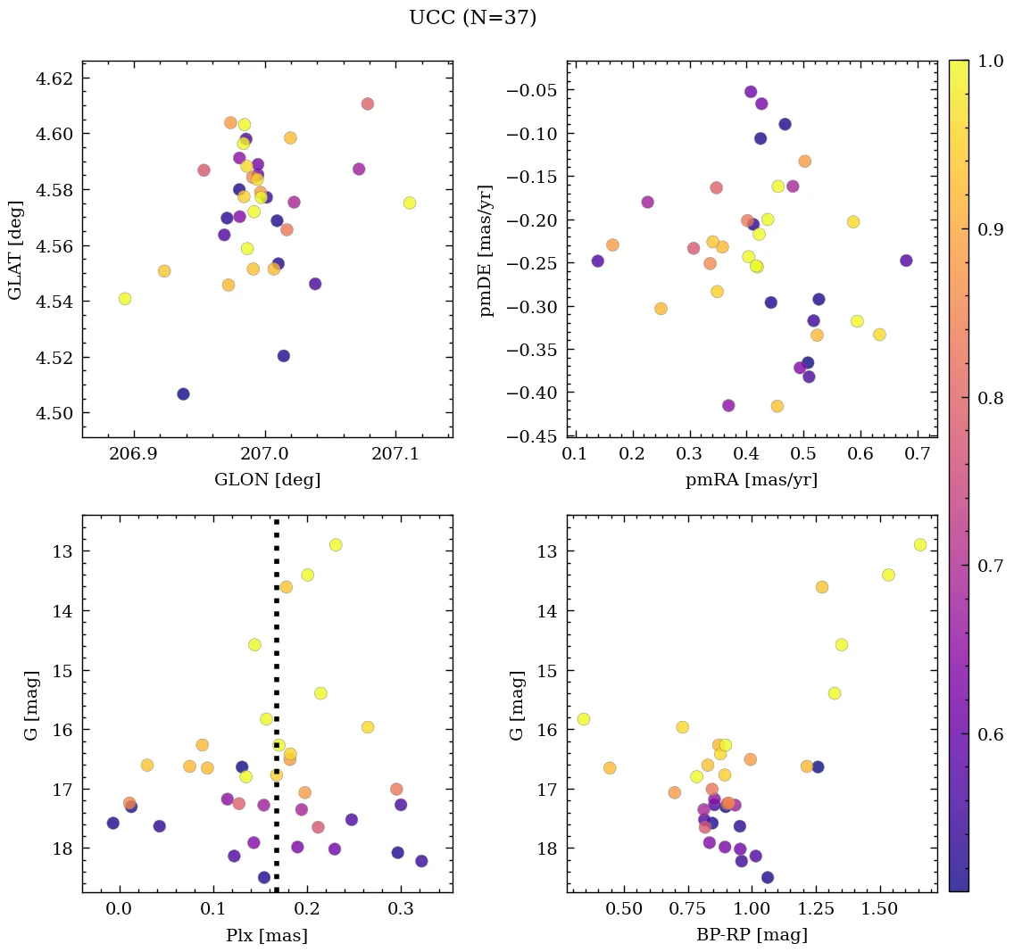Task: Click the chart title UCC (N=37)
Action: tap(472, 18)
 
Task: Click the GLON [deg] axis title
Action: tap(267, 480)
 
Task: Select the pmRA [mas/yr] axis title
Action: tap(751, 480)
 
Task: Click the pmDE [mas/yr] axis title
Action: tap(486, 249)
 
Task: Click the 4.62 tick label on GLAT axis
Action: tap(54, 79)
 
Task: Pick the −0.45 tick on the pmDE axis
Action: tap(532, 437)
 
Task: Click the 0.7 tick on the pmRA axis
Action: tap(918, 454)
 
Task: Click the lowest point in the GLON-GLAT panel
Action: tap(183, 394)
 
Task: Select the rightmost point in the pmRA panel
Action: tap(906, 261)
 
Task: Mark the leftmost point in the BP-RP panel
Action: tap(584, 719)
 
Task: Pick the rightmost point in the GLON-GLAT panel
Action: tap(410, 203)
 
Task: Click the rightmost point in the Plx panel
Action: tap(421, 861)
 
